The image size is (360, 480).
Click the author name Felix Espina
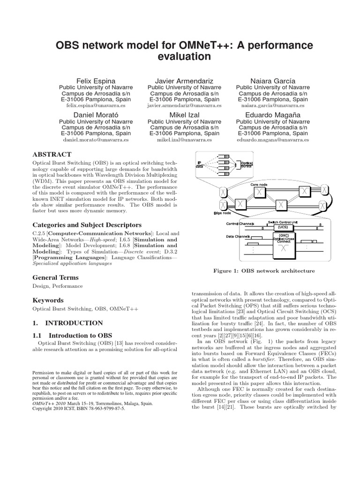tap(95, 81)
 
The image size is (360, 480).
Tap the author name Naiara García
tap(272, 81)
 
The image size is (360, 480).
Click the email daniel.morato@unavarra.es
tap(95, 140)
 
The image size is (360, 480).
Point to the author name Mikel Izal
tap(184, 114)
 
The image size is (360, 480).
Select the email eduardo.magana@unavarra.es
tap(272, 140)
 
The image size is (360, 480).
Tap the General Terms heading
tap(55, 277)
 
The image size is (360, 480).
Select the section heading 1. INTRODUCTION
tap(67, 323)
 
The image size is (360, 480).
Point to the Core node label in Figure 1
tap(260, 185)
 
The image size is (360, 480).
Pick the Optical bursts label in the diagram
tap(246, 165)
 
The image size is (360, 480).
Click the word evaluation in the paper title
tap(180, 56)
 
